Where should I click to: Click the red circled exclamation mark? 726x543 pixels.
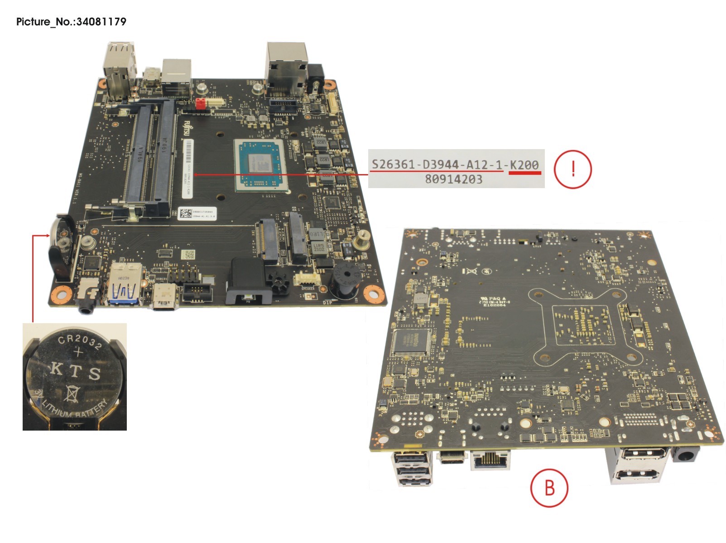tap(573, 169)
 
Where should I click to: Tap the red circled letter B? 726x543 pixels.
tap(549, 488)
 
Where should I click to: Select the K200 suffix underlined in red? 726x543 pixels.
tap(524, 165)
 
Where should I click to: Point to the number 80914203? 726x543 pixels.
tap(453, 179)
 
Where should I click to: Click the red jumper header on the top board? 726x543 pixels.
tap(201, 103)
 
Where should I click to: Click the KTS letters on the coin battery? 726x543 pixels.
tap(75, 371)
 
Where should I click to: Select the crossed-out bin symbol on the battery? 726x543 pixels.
tap(71, 393)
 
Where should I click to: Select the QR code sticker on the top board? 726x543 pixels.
tap(186, 213)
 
